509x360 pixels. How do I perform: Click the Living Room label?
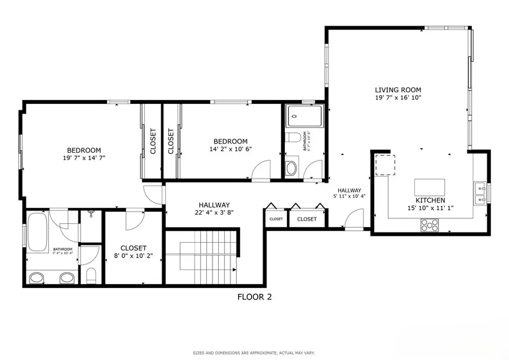click(398, 90)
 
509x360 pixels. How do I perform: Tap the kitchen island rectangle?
click(430, 188)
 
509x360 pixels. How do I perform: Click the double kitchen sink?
click(480, 194)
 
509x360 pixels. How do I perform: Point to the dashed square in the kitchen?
click(384, 165)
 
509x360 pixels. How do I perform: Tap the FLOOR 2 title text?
click(254, 297)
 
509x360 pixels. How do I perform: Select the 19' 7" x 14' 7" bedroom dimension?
click(84, 158)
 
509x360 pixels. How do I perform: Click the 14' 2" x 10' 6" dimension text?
click(230, 149)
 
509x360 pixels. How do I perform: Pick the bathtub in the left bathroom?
click(38, 231)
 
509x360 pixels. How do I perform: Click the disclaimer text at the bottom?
click(254, 353)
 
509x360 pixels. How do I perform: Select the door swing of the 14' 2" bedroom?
click(261, 171)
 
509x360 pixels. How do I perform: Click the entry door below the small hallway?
click(354, 220)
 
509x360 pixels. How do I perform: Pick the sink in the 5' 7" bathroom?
click(291, 167)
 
